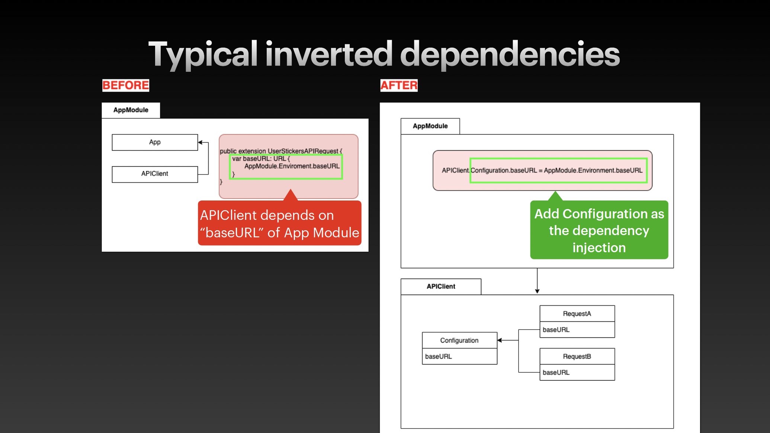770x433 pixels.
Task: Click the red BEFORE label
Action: tap(126, 85)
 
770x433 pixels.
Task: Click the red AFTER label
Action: tap(399, 85)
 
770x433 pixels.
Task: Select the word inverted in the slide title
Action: tap(329, 54)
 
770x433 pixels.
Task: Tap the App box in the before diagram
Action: tap(155, 142)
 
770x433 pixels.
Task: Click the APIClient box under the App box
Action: tap(155, 174)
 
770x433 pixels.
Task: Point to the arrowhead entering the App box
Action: tap(200, 142)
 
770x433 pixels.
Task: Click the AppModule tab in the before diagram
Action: tap(131, 110)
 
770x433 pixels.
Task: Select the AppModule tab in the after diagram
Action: tap(430, 126)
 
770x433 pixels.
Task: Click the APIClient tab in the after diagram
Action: tap(441, 286)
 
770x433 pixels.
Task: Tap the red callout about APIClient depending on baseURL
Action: tap(280, 224)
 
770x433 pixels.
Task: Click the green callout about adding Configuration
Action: tap(599, 230)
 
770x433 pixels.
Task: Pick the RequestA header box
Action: tap(577, 314)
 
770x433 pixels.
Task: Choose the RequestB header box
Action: tap(577, 356)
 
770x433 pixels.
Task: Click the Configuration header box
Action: tap(459, 340)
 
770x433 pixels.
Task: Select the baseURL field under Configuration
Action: tap(459, 356)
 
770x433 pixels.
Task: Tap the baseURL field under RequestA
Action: tap(577, 330)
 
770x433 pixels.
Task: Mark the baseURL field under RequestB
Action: tap(577, 372)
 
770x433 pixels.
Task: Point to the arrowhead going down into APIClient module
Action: tap(537, 291)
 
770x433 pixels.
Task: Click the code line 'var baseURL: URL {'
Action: tap(261, 158)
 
